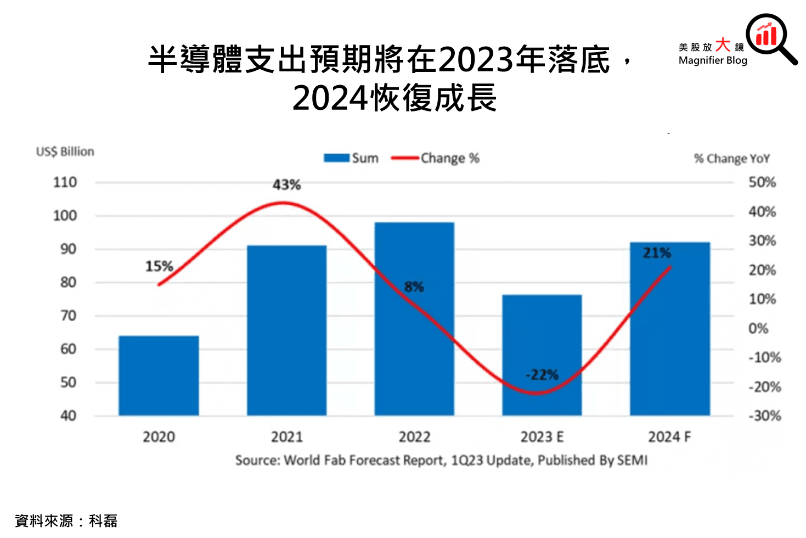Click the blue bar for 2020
(x=159, y=376)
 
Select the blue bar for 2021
(x=286, y=330)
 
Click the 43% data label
(x=286, y=185)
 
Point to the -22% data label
(x=542, y=375)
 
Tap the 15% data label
(x=159, y=266)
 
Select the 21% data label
(x=657, y=253)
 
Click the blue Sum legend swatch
(x=336, y=158)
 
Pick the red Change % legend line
(x=405, y=158)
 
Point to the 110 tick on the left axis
(x=65, y=182)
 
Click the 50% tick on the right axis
(x=762, y=182)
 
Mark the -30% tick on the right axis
(x=764, y=416)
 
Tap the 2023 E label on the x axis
(x=542, y=437)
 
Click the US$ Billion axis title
(x=65, y=152)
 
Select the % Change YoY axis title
(x=732, y=159)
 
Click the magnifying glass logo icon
(x=770, y=37)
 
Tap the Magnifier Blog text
(x=713, y=60)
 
